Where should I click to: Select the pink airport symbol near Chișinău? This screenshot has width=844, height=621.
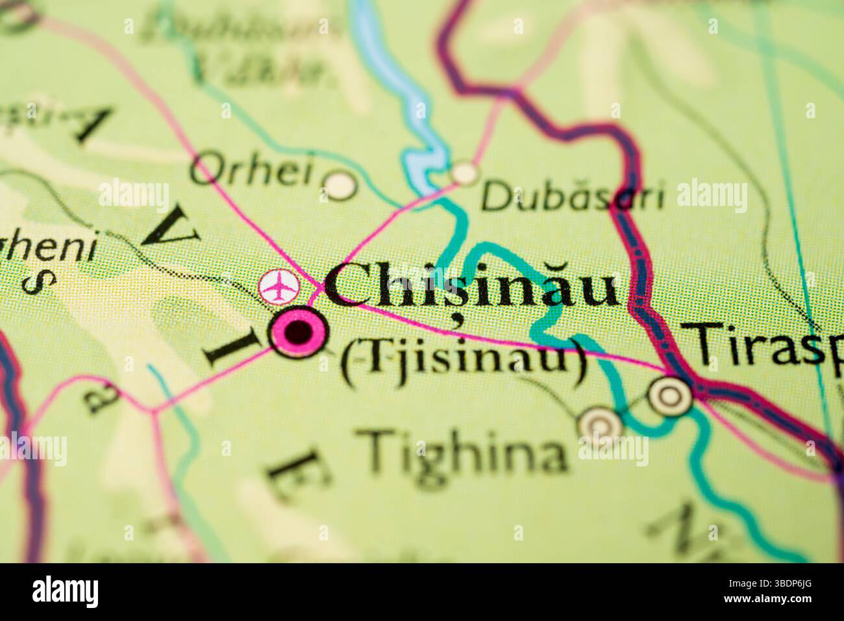pos(279,286)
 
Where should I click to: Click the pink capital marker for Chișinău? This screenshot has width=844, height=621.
pos(299,332)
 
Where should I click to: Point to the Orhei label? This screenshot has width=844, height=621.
pos(252,170)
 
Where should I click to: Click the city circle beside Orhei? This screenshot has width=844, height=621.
pos(340,184)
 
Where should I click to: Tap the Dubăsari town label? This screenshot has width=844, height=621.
pos(573,196)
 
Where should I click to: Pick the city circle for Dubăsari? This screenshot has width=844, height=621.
pos(464,173)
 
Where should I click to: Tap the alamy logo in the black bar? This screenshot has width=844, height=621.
pos(65,592)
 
